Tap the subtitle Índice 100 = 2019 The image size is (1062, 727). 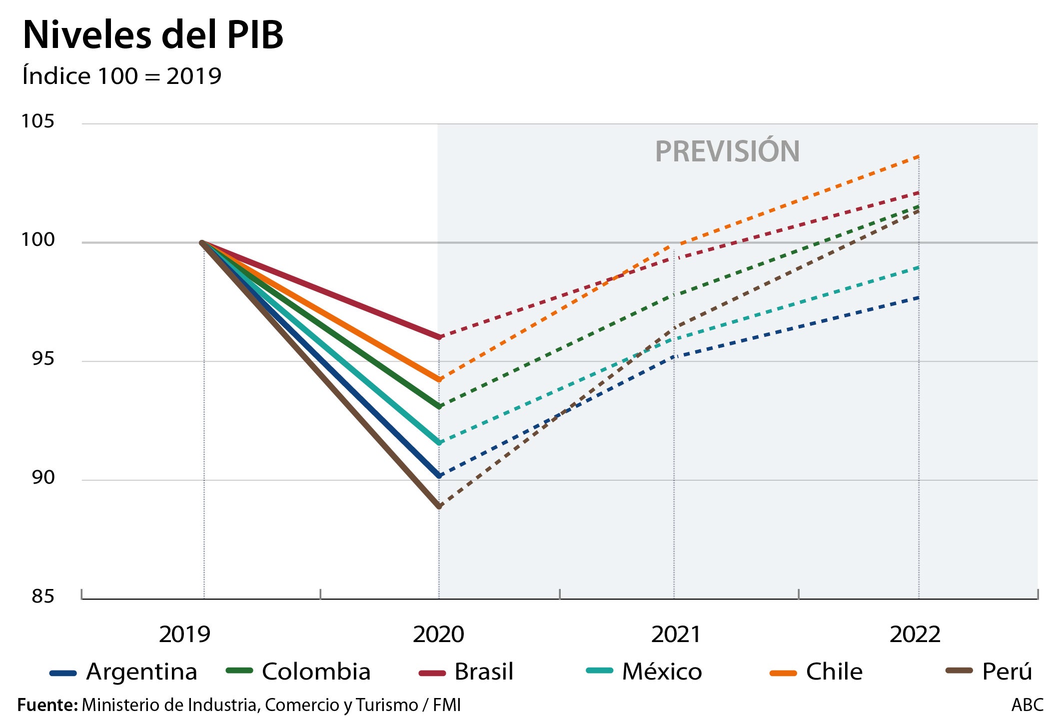(122, 76)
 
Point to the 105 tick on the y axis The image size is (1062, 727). (37, 121)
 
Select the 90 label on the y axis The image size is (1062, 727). (43, 478)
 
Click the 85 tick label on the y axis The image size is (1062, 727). (43, 597)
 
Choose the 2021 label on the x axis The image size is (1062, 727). (676, 635)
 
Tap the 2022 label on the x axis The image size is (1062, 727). (915, 635)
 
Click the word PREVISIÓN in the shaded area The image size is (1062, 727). (727, 151)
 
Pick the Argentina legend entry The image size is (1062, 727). (124, 672)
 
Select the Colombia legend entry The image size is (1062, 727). (299, 672)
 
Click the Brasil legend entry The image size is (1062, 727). (466, 672)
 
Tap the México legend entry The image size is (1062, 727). (645, 672)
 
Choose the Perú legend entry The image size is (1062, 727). (990, 672)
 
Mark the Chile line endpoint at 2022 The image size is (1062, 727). (919, 156)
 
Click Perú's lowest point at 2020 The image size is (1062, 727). (439, 507)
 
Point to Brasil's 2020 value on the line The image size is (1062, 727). (439, 337)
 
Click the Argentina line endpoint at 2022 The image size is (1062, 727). (919, 298)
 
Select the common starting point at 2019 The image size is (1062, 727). (202, 243)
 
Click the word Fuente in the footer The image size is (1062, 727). (47, 705)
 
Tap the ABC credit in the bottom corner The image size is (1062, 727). (1027, 705)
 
